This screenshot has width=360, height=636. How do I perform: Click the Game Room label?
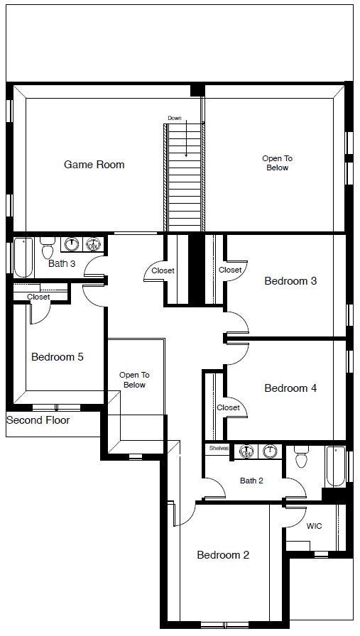tap(94, 165)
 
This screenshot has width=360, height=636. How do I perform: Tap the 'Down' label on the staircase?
tap(175, 118)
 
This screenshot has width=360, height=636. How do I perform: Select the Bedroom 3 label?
tap(290, 281)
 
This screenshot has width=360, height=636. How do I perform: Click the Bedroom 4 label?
tap(290, 388)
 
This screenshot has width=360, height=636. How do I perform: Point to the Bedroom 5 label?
tap(57, 357)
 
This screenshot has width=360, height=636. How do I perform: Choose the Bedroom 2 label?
tap(223, 555)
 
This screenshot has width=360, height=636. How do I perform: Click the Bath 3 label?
tap(62, 264)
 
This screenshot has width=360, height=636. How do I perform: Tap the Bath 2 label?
tap(251, 481)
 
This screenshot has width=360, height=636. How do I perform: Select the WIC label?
tap(314, 527)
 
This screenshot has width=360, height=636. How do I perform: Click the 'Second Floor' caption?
tap(38, 420)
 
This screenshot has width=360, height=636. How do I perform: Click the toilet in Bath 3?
tap(48, 248)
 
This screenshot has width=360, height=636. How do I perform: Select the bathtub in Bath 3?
tap(23, 257)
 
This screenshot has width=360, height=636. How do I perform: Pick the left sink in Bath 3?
tap(71, 245)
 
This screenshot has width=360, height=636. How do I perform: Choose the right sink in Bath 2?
tap(269, 451)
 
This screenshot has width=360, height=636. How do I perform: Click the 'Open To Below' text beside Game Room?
tap(278, 163)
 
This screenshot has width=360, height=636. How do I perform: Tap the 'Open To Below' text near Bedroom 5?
tap(133, 380)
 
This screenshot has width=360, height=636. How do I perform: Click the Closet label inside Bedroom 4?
tap(228, 407)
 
